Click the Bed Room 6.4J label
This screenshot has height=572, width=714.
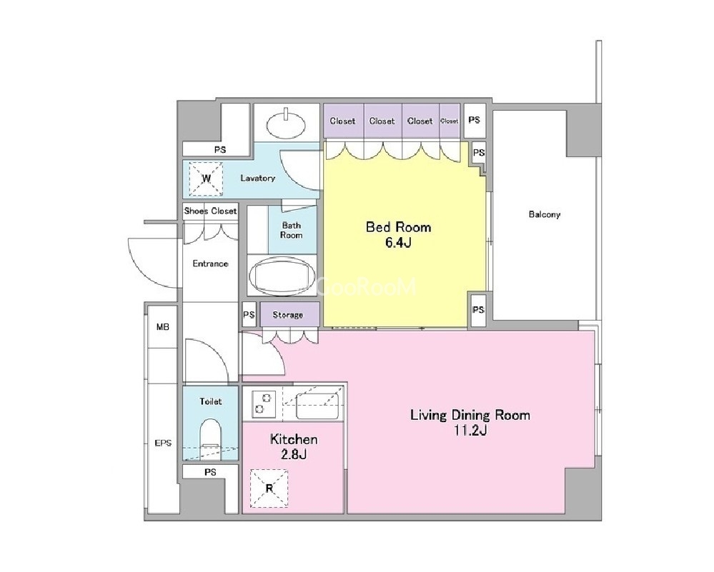(398, 234)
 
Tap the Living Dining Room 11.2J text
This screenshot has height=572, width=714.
(470, 422)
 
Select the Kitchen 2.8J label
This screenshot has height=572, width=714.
(294, 446)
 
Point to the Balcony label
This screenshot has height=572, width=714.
(545, 214)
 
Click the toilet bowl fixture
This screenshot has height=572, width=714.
(210, 435)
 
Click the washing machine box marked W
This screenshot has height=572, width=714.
(206, 179)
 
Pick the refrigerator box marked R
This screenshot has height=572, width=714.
(269, 488)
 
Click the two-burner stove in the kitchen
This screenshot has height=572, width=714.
(262, 403)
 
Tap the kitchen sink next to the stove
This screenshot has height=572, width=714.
(318, 406)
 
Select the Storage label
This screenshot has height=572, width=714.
(288, 314)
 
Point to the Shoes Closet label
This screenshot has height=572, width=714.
(210, 211)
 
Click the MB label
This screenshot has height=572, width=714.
(162, 327)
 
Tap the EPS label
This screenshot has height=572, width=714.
(163, 443)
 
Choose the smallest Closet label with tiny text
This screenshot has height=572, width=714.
(450, 121)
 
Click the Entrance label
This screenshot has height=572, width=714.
(210, 264)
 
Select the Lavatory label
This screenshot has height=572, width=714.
(258, 178)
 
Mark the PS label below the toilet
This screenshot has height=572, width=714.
(210, 472)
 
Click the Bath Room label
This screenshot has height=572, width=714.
(292, 230)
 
